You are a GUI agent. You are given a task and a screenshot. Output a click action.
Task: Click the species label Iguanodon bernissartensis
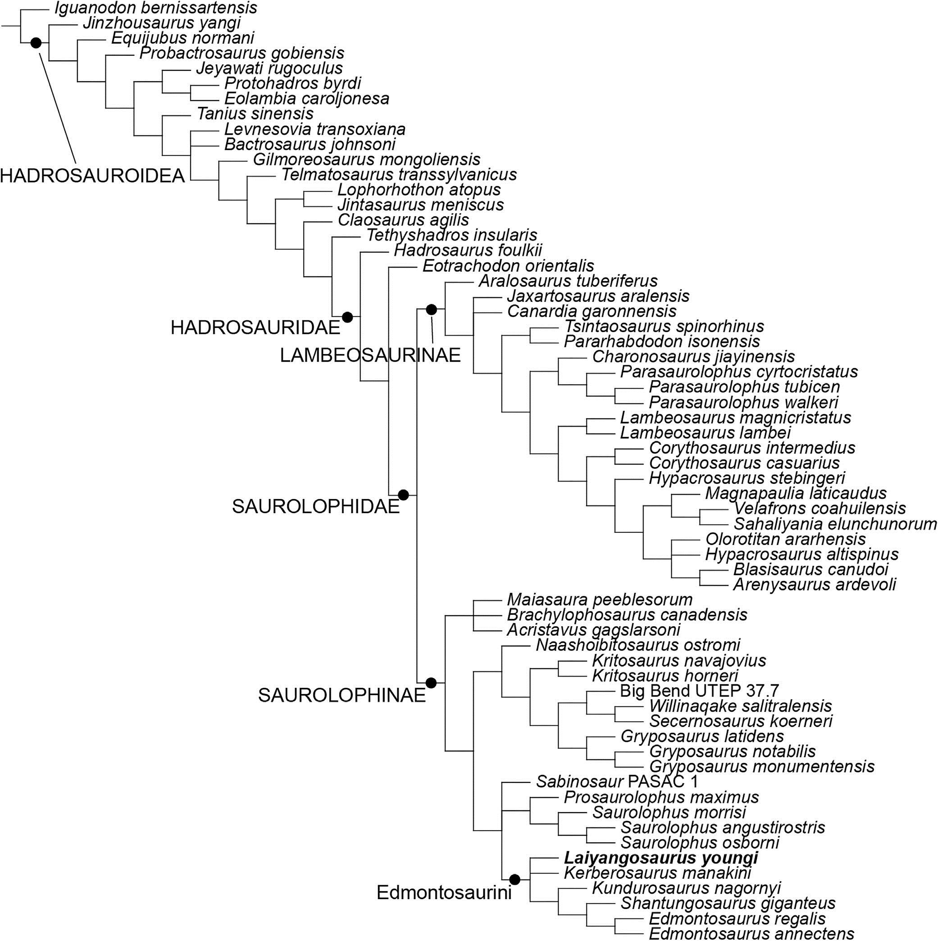point(156,8)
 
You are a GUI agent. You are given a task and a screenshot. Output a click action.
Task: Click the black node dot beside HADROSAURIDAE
point(347,317)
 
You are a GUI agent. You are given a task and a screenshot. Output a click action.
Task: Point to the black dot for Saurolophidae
point(403,495)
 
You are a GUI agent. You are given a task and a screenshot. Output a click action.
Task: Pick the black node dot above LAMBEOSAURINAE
point(431,309)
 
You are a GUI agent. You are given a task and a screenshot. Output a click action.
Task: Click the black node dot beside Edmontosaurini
point(515,880)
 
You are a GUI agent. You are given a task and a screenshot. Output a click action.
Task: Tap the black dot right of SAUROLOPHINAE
point(431,683)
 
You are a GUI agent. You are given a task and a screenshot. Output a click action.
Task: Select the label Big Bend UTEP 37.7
point(699,691)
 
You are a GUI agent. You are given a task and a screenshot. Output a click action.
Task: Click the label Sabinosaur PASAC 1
point(617,782)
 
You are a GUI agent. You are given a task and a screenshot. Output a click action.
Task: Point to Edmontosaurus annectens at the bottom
point(751,934)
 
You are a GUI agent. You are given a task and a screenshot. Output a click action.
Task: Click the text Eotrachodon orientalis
point(508,266)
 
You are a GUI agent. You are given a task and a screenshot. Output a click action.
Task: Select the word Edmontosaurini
point(444,892)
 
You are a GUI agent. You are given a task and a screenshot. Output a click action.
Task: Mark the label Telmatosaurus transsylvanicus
point(399,174)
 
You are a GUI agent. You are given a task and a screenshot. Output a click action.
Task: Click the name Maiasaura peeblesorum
point(600,599)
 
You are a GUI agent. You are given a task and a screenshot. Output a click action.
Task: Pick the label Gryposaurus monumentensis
point(762,766)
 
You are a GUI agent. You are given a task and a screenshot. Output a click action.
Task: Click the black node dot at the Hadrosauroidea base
point(36,43)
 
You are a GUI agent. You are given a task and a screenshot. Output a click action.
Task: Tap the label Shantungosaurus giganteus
point(728,904)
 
